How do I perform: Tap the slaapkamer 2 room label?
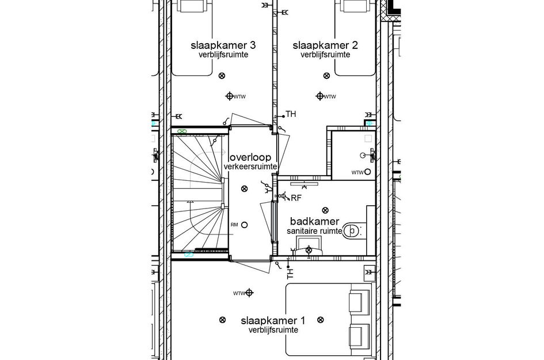[x=325, y=45]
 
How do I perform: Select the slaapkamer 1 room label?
[x=273, y=320]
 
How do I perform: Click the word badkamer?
[x=310, y=221]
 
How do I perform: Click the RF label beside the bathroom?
[x=296, y=198]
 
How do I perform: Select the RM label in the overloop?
[x=234, y=225]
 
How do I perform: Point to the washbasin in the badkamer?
[x=309, y=249]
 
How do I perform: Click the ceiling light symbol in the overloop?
[x=244, y=188]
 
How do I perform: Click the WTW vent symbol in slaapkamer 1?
[x=249, y=293]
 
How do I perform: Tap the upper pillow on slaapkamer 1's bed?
[x=358, y=301]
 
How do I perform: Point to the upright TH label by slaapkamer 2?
[x=291, y=115]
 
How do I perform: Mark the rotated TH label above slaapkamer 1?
[x=290, y=272]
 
